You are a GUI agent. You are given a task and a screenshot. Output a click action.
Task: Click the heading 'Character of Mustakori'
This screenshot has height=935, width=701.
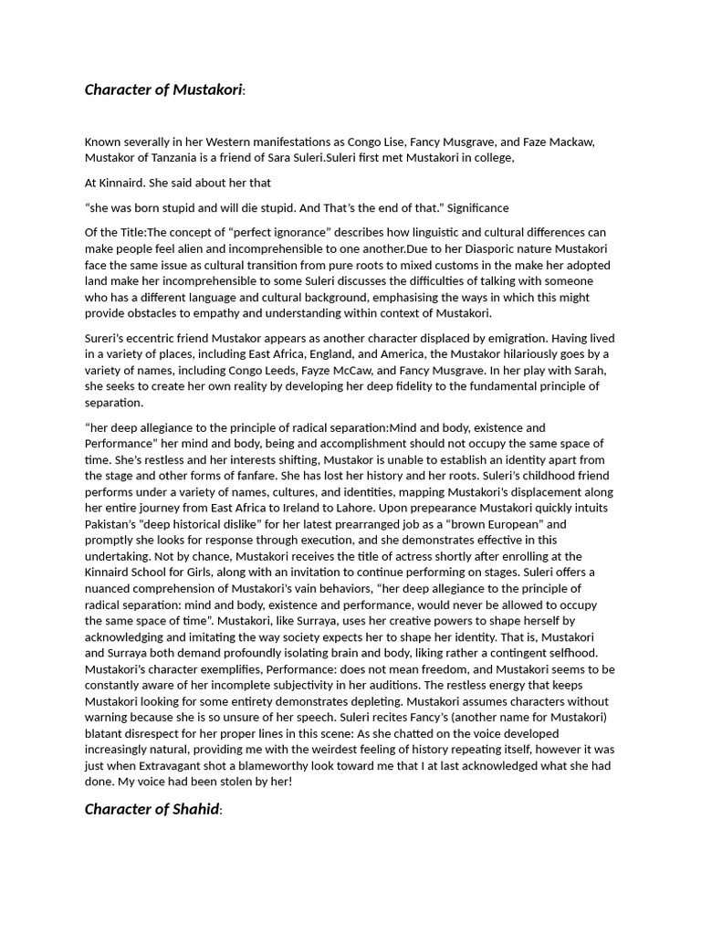pos(164,89)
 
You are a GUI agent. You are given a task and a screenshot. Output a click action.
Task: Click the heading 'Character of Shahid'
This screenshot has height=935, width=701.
pos(152,809)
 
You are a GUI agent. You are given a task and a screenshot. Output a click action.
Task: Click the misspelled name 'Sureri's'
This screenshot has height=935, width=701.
pos(108,338)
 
